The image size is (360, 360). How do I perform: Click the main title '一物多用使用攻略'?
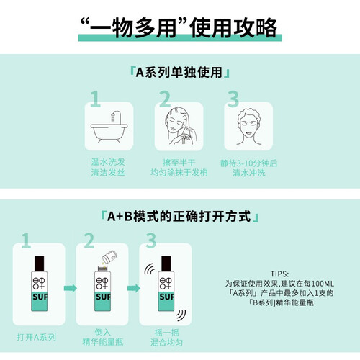[179, 27]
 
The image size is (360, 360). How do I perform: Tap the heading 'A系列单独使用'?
[179, 73]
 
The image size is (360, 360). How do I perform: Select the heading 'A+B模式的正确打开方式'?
[179, 216]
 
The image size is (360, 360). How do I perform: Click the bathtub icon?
[109, 127]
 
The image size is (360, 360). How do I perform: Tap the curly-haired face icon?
[248, 127]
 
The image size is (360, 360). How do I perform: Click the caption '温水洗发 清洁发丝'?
[108, 167]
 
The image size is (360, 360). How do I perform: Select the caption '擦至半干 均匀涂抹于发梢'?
[179, 168]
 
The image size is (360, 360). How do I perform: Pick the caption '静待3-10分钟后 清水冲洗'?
[248, 168]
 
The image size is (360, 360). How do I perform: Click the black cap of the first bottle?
[40, 264]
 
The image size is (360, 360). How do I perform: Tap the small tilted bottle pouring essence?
[109, 257]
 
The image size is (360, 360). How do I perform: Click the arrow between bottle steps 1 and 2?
[71, 288]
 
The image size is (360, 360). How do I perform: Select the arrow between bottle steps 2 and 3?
[133, 288]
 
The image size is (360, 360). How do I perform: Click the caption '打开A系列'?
[37, 337]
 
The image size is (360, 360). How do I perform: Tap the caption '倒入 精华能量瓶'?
[103, 337]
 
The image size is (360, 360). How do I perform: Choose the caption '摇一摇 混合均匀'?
[166, 338]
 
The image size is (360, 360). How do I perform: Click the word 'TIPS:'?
[279, 274]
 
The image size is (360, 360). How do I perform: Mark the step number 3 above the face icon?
[233, 99]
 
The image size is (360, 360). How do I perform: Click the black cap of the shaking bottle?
[166, 264]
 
